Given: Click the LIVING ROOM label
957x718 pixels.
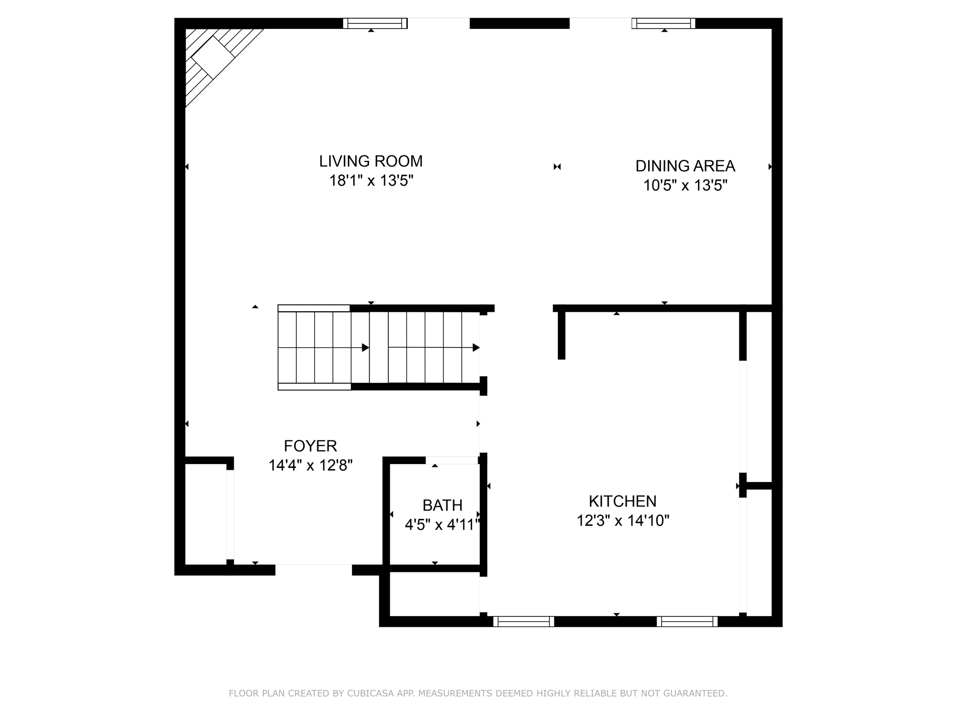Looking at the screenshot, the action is coord(371,161).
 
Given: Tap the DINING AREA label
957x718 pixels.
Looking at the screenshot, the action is coord(685,166).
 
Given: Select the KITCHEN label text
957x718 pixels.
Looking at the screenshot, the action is coord(622,501).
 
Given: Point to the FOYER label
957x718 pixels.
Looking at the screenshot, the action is coord(310,446).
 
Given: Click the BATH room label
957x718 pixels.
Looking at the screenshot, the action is coord(443,505).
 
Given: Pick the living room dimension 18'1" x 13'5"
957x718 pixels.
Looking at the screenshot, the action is coord(371,180).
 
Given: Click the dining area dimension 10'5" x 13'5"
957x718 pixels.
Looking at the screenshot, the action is coord(686,186).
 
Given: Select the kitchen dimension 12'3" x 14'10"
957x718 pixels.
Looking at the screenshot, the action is coord(623,520).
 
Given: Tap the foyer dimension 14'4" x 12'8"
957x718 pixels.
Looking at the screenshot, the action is coord(310,465).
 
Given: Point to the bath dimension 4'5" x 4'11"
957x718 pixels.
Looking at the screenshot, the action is coord(443,524).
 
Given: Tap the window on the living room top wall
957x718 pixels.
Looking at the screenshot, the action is coord(375,23).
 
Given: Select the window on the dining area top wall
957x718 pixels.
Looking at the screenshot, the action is coord(664,23).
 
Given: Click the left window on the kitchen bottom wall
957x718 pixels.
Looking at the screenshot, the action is coord(524,621).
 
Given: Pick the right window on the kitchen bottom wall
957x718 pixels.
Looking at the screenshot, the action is coord(687,621).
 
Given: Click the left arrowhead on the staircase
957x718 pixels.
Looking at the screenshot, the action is coord(365,348).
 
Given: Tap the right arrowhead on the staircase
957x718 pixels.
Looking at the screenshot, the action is coord(476,347).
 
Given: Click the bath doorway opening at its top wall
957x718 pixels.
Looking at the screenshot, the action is coord(452,460).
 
